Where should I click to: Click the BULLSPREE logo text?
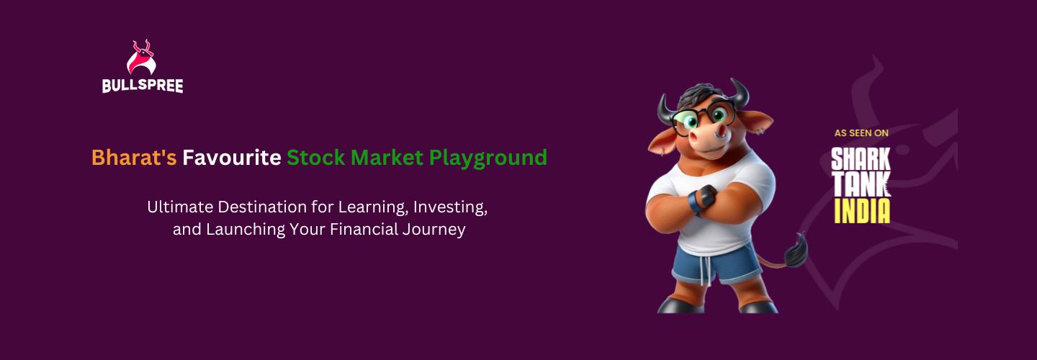point(143,86)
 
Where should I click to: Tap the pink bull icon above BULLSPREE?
point(141,58)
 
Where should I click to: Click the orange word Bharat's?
point(134,158)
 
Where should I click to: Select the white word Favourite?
point(231,158)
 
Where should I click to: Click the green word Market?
point(387,158)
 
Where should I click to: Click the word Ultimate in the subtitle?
point(181,207)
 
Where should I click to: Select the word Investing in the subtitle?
point(450,207)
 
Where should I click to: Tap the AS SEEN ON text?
point(861,133)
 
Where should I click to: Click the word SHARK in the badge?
point(861,159)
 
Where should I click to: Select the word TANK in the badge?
point(861,184)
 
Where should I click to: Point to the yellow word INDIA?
point(862,211)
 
